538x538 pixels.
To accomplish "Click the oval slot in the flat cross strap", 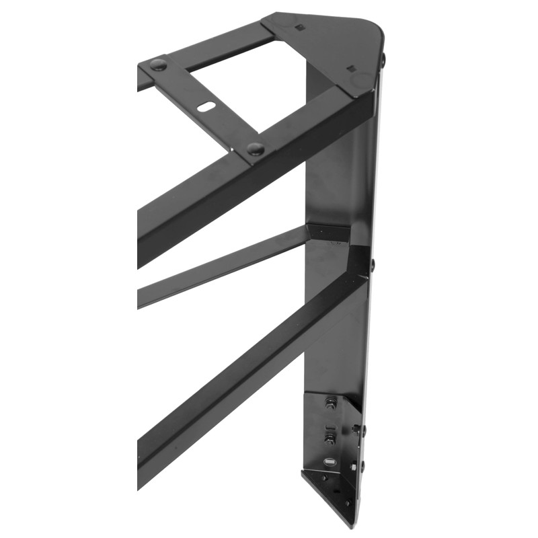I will [206, 106].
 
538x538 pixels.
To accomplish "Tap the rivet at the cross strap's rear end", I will [158, 65].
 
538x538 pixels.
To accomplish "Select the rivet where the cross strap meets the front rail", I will [255, 149].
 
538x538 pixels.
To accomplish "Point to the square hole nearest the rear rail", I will [299, 28].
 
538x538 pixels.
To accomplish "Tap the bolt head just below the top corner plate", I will [383, 59].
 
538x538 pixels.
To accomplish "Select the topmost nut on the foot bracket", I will [331, 403].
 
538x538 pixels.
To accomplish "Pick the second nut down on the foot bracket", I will [330, 439].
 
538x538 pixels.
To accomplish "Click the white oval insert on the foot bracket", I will [330, 463].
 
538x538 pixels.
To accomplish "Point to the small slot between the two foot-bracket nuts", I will [330, 423].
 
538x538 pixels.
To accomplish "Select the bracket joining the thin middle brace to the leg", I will [330, 232].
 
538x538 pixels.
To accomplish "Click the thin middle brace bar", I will [222, 265].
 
